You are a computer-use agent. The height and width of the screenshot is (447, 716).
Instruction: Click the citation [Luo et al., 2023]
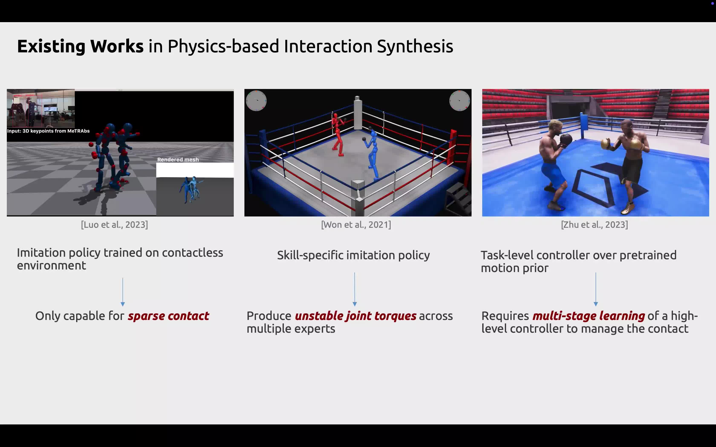(x=114, y=225)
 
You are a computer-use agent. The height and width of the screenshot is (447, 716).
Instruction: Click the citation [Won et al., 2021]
(x=356, y=225)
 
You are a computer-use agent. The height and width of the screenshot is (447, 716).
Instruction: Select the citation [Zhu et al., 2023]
(x=594, y=225)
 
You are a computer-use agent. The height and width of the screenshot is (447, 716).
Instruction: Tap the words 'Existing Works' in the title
(x=80, y=46)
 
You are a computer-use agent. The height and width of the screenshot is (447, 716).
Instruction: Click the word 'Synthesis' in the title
(x=415, y=47)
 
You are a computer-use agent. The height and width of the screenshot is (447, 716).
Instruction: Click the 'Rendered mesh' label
(x=178, y=160)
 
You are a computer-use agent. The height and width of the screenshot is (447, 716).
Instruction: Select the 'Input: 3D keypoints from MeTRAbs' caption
(x=48, y=131)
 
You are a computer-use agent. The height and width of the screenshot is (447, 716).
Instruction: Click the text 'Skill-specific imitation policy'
(x=353, y=255)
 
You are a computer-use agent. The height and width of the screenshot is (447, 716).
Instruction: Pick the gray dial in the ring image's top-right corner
(x=459, y=100)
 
